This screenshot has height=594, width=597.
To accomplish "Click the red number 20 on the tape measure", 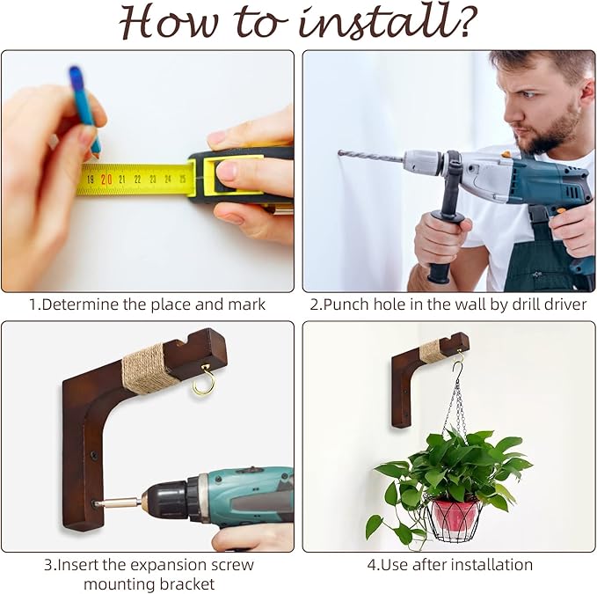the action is tap(106, 180).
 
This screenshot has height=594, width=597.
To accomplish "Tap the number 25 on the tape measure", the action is tap(183, 179).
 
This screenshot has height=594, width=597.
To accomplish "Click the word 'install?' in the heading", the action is tap(388, 23).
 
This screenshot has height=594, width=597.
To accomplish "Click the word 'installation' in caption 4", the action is tap(494, 565).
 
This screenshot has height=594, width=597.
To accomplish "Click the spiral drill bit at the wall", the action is tap(370, 156).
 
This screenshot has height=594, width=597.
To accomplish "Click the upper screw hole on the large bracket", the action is tap(93, 455).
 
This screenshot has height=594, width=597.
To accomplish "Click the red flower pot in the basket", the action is tap(455, 515).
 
